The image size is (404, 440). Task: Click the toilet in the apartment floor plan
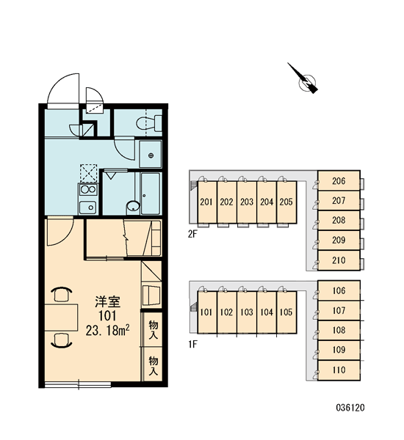click(x=149, y=123)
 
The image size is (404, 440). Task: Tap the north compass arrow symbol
click(x=304, y=79)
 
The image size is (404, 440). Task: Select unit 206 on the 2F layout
click(x=339, y=181)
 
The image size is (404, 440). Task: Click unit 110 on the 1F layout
click(x=339, y=370)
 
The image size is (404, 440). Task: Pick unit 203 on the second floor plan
click(x=247, y=202)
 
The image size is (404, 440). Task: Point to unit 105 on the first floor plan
click(x=286, y=312)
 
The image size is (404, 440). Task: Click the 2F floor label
click(x=192, y=234)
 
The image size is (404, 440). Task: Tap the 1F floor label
click(x=192, y=344)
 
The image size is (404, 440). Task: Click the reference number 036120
click(x=350, y=408)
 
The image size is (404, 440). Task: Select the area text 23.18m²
click(x=108, y=331)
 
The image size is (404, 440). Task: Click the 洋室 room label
click(x=108, y=301)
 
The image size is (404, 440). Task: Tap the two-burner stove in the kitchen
click(x=88, y=190)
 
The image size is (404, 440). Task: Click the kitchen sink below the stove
click(x=87, y=208)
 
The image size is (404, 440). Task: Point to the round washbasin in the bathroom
click(x=133, y=206)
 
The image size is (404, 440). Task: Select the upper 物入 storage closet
click(x=153, y=329)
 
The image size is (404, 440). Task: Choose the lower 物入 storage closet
click(x=153, y=364)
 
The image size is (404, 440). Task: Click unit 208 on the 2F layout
click(x=339, y=220)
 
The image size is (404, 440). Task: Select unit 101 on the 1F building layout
click(x=207, y=312)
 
